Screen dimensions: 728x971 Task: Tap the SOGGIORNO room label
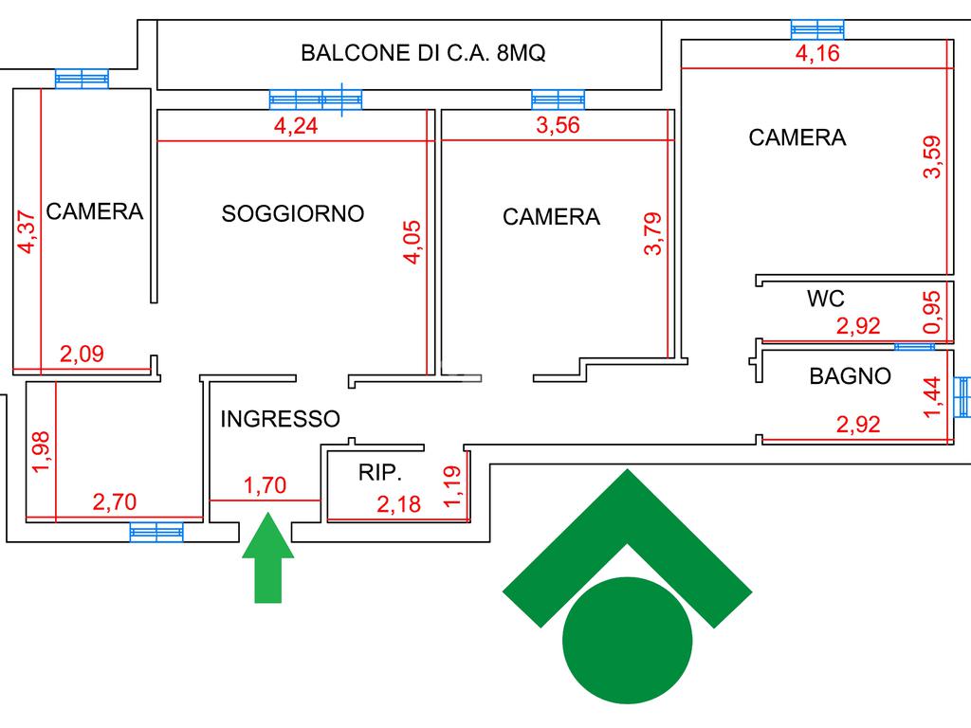tap(293, 213)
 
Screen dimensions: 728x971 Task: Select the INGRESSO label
tap(280, 418)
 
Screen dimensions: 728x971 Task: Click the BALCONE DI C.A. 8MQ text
tap(423, 53)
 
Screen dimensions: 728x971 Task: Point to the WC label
tap(825, 299)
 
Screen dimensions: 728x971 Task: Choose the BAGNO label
tap(850, 376)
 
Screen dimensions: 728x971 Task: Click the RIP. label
tap(380, 473)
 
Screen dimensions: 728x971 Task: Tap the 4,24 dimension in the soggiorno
tap(296, 126)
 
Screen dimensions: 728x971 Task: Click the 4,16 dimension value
tap(817, 53)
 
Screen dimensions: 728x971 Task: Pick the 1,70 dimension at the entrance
tap(265, 486)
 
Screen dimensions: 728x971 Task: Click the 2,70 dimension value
tap(114, 502)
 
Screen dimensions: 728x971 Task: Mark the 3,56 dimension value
tap(558, 126)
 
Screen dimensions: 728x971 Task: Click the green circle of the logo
tap(628, 640)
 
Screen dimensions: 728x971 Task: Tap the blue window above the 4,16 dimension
tap(817, 29)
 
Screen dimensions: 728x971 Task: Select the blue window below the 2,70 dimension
tap(156, 533)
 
